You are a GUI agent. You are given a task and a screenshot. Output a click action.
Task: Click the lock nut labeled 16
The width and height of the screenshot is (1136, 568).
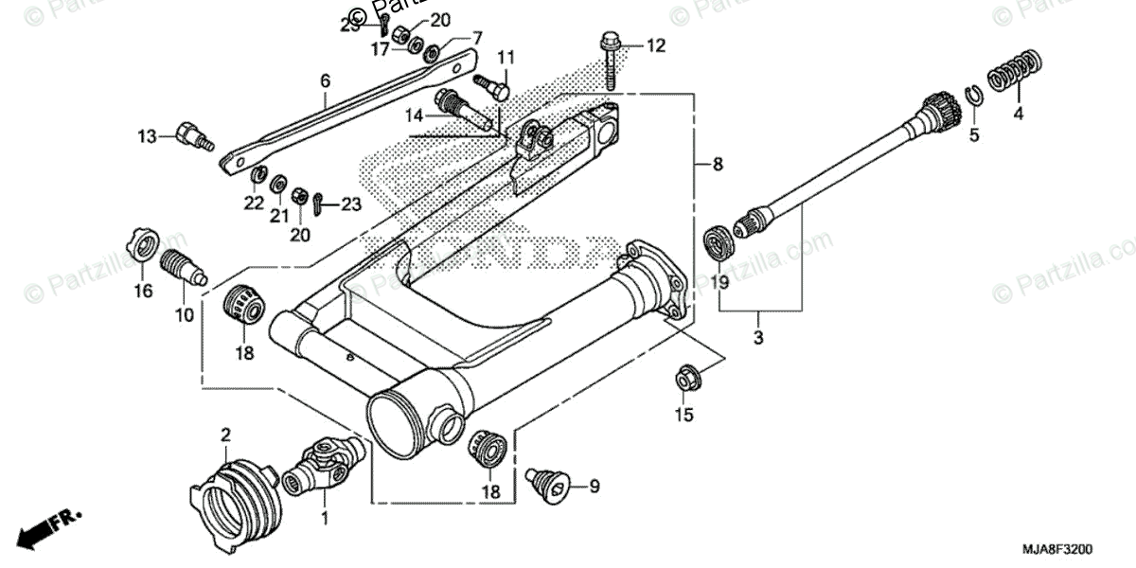pos(143,248)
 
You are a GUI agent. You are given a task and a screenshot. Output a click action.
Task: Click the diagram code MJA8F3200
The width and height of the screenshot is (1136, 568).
pos(1058,548)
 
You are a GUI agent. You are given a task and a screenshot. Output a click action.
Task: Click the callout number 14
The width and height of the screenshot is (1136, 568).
pos(414,115)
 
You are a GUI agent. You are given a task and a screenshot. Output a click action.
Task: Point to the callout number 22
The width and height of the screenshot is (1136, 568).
pos(253,204)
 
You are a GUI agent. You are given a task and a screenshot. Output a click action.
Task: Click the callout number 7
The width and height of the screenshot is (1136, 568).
pos(477,39)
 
